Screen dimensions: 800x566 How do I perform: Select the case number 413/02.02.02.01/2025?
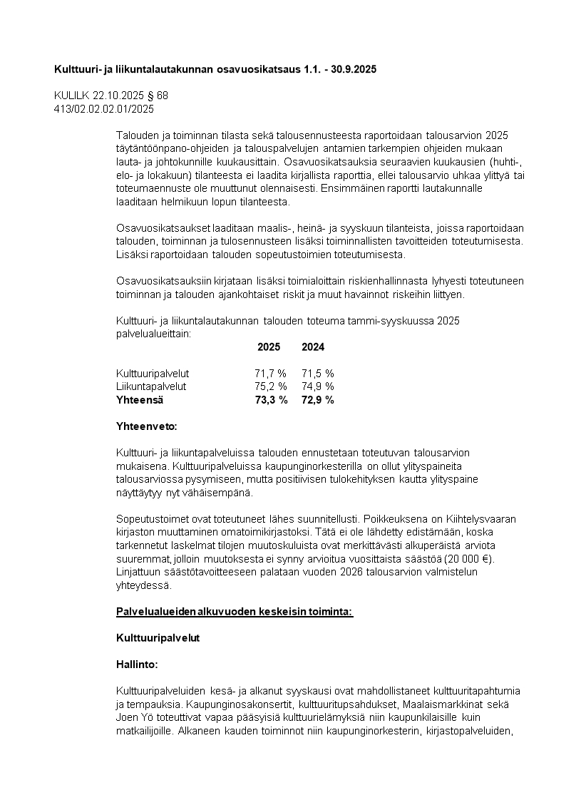point(104,108)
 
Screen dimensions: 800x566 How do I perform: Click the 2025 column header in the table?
point(269,347)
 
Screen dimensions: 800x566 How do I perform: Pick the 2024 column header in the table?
point(313,347)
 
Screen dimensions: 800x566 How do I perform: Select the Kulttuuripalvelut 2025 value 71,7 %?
point(270,373)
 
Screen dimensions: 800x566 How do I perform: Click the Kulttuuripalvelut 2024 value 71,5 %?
point(318,373)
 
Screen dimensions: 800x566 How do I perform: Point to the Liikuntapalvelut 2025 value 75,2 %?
point(270,386)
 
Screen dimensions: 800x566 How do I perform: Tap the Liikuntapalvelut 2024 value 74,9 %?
point(318,386)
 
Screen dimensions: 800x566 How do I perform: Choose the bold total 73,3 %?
point(271,400)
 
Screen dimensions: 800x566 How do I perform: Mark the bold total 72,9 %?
point(318,400)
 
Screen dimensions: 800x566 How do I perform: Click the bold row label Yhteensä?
point(140,400)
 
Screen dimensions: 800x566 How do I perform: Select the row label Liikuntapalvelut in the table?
point(151,386)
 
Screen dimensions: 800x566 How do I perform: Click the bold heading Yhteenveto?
point(146,426)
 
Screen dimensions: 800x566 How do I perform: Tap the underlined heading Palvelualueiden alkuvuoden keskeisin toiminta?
point(234,612)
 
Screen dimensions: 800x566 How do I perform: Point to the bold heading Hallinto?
point(137,664)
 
